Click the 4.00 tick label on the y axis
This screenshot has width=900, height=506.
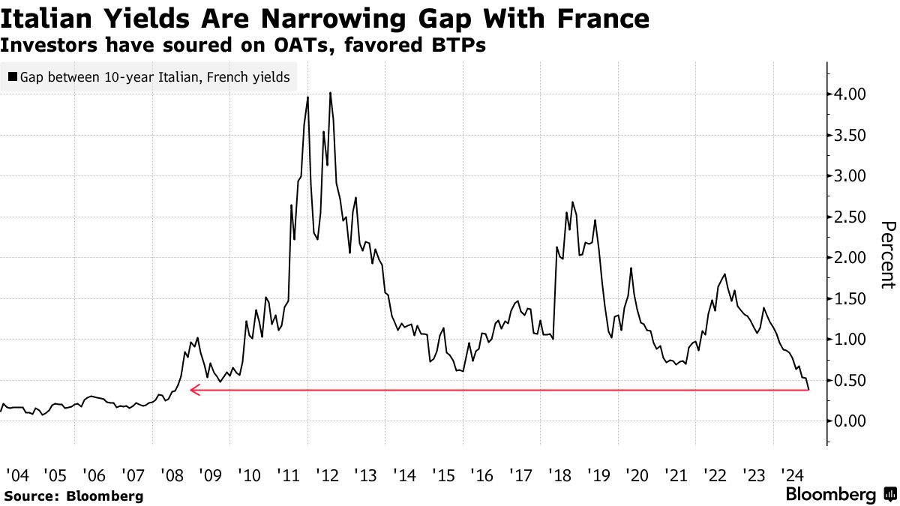pyautogui.click(x=847, y=94)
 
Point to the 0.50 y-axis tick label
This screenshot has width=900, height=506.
pyautogui.click(x=847, y=380)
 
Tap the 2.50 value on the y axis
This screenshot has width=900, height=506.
pyautogui.click(x=847, y=217)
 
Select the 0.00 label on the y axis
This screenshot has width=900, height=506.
pyautogui.click(x=847, y=421)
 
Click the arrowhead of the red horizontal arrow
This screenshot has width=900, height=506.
pyautogui.click(x=193, y=390)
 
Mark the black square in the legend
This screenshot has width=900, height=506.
pyautogui.click(x=13, y=77)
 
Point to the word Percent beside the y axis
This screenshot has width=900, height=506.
pyautogui.click(x=888, y=255)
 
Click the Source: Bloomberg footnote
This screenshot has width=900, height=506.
pyautogui.click(x=73, y=496)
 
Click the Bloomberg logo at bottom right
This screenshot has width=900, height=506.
pyautogui.click(x=838, y=495)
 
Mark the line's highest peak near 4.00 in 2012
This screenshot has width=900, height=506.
pyautogui.click(x=331, y=93)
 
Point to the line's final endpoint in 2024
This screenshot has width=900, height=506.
pyautogui.click(x=808, y=389)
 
